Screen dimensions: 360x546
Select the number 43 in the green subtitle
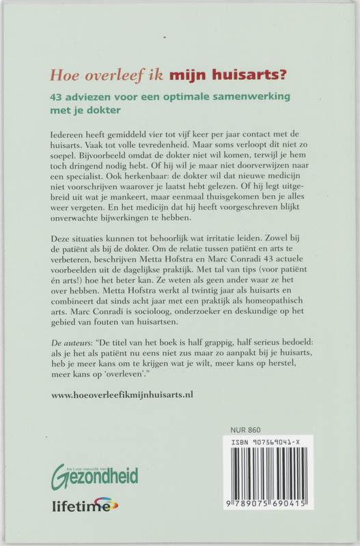pos(60,96)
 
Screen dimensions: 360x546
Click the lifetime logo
pos(84,506)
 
